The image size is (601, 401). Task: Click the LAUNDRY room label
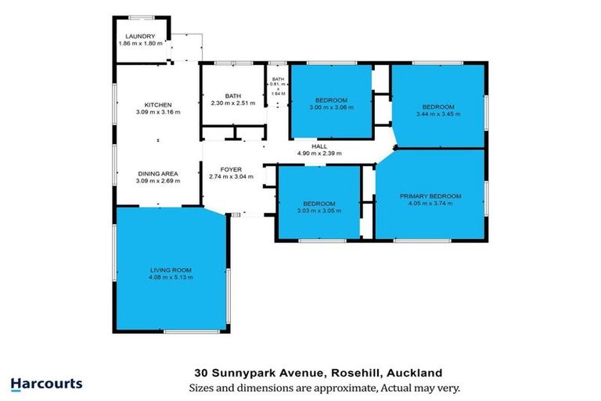click(140, 36)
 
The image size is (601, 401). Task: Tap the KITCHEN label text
click(158, 105)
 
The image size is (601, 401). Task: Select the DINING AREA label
click(158, 173)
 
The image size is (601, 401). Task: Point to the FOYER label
click(230, 169)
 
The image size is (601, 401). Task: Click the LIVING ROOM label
click(171, 270)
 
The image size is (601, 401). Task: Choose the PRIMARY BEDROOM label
click(430, 196)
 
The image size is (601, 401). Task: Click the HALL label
click(319, 146)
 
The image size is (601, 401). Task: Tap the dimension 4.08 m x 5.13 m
click(171, 277)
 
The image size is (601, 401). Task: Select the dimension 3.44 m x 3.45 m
click(437, 114)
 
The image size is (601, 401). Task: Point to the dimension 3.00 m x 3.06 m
click(330, 107)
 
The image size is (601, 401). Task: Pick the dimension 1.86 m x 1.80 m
click(140, 43)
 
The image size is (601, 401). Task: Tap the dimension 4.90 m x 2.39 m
click(319, 153)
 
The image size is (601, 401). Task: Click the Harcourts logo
click(46, 384)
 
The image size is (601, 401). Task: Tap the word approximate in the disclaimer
click(318, 388)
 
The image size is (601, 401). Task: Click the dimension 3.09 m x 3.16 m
click(158, 112)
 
